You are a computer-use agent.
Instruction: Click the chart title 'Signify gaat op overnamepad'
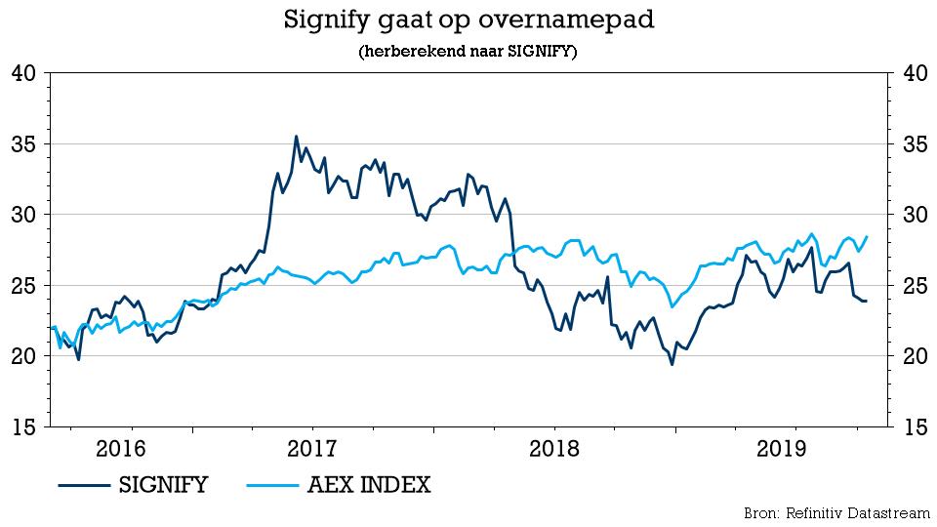tap(468, 20)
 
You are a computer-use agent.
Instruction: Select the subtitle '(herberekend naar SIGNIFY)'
tap(468, 52)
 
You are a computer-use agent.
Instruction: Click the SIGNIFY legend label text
tap(162, 484)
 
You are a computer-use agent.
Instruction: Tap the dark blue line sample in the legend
tap(83, 484)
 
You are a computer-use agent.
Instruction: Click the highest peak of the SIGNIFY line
tap(296, 137)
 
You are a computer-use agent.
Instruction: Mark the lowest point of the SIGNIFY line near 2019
tap(672, 364)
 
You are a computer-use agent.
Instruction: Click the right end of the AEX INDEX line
tap(867, 237)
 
